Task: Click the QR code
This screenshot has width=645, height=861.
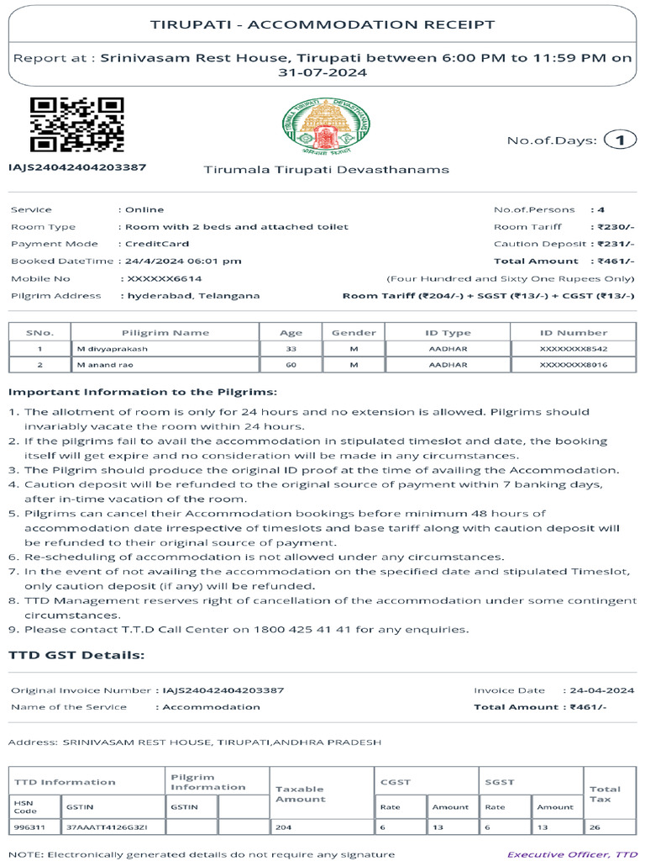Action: coord(77,124)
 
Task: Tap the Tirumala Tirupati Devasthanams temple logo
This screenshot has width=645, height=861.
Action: coord(325,129)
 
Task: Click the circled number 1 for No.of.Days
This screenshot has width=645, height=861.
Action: coord(621,140)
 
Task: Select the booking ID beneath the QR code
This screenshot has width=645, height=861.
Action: coord(77,166)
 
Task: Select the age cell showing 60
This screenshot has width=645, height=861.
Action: coord(291,365)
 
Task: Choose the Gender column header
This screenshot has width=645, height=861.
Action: coord(354,332)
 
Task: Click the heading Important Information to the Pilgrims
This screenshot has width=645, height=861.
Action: coord(142,392)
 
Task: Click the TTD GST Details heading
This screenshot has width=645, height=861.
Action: coord(76,655)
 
